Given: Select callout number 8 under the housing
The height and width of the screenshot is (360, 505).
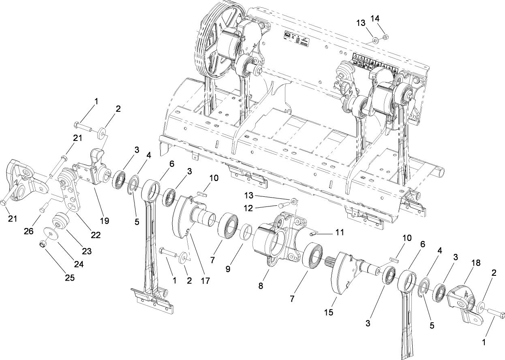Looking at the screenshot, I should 261,286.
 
